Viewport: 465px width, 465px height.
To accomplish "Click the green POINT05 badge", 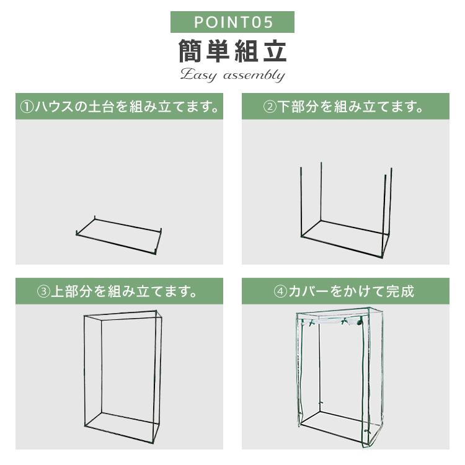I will coord(232,22).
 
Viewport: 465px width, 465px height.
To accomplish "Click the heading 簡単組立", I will coord(232,51).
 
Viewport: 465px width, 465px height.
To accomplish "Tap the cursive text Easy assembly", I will coord(232,76).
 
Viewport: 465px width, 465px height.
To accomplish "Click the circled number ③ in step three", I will coord(43,291).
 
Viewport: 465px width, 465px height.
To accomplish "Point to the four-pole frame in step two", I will coord(343,205).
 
